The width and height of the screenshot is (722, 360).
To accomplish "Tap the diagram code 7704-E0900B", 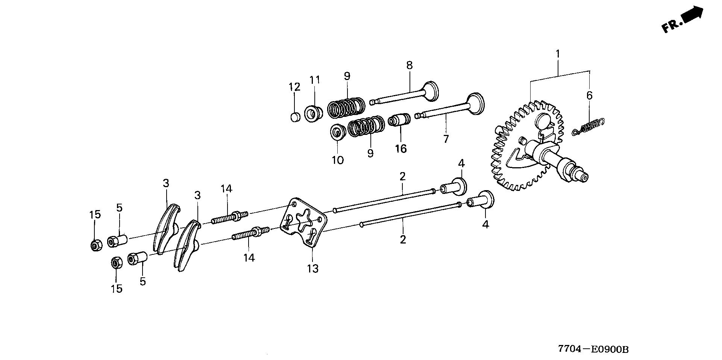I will click(x=593, y=349).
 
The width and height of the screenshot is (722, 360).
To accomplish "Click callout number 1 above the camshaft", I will click(x=558, y=54).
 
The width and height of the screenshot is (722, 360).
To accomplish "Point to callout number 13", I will click(x=313, y=268).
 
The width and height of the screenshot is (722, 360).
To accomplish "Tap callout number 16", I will click(x=401, y=149).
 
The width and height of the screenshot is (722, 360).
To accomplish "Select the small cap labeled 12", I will click(x=295, y=117).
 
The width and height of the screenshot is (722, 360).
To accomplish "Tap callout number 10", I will click(x=338, y=160).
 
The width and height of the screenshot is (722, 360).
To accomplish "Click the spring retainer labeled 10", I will click(x=338, y=133).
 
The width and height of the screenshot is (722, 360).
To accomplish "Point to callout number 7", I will click(x=446, y=139).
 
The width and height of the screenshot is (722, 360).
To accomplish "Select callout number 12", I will click(x=294, y=87).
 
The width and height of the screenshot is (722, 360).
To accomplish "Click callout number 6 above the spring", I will click(x=589, y=95).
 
